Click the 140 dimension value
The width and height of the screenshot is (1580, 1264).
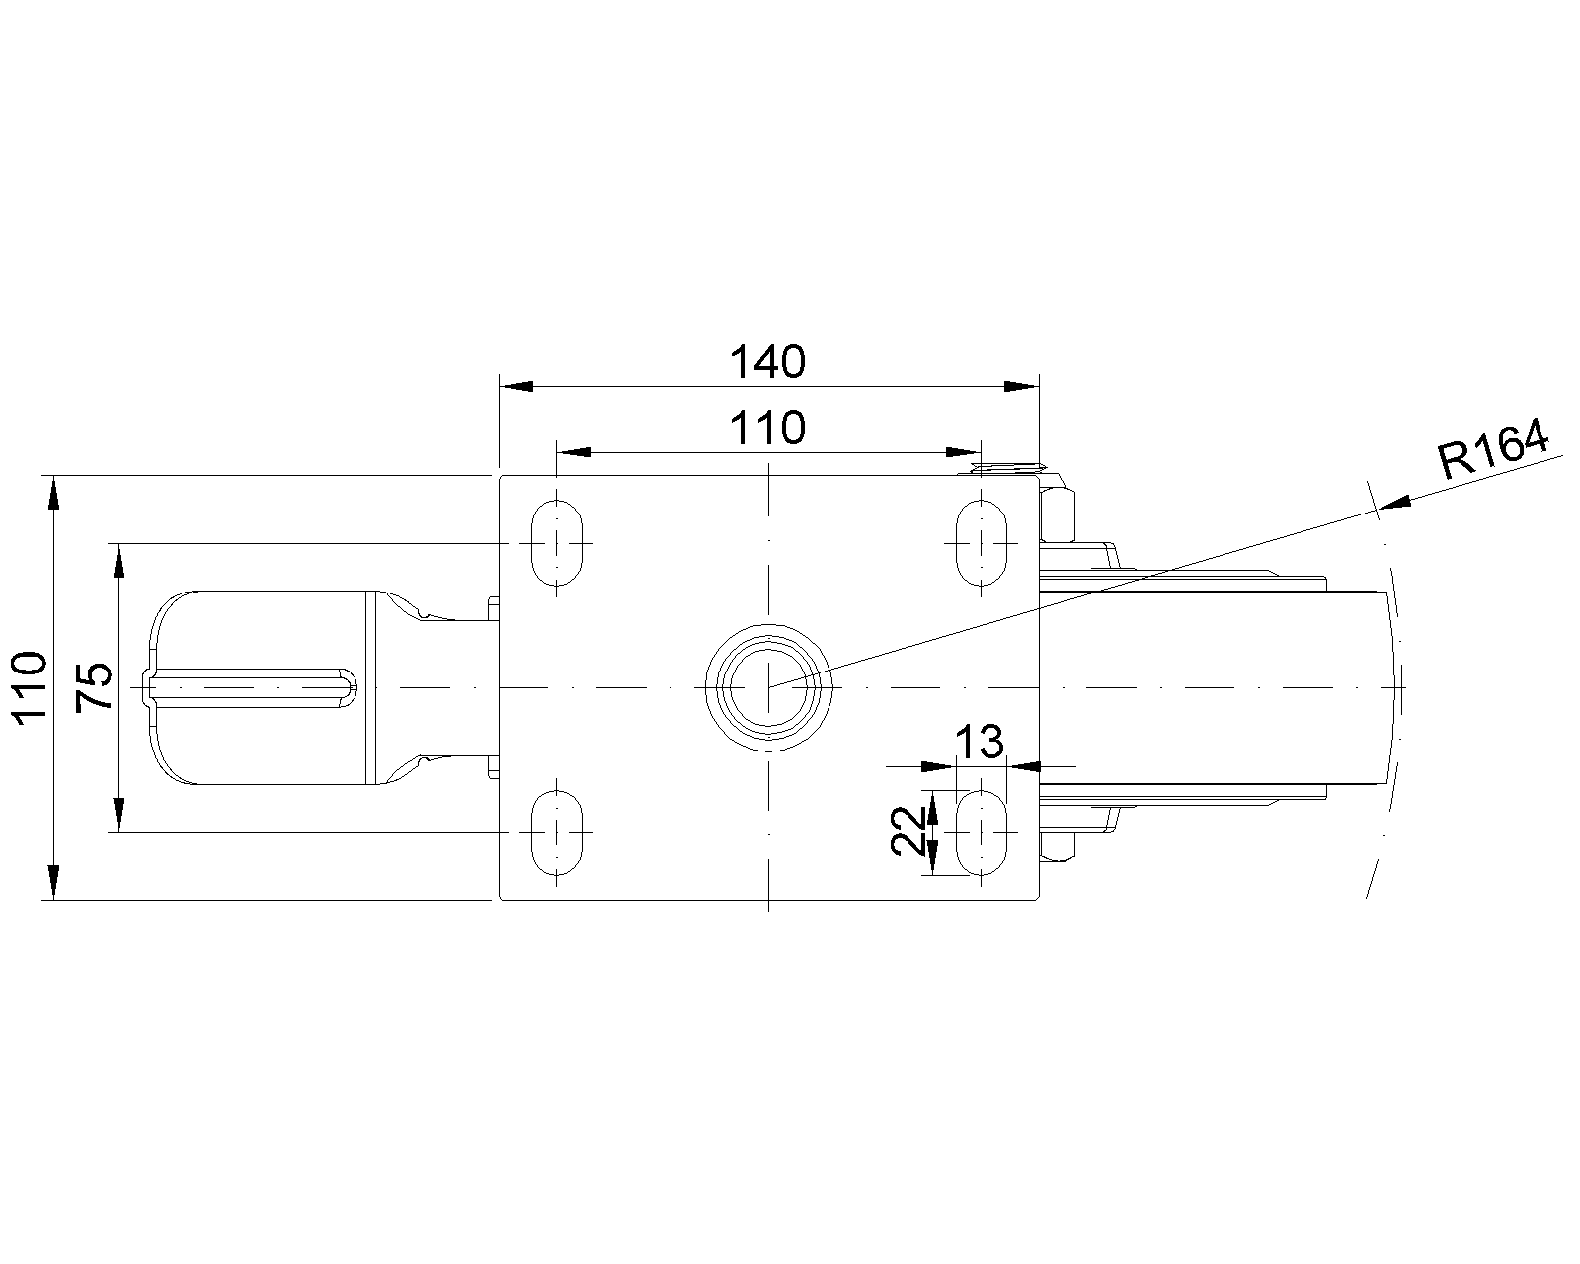click(x=767, y=362)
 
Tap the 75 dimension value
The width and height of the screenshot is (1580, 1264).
click(x=94, y=686)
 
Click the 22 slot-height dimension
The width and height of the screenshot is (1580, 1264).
click(x=908, y=830)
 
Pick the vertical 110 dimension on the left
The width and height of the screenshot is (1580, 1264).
click(x=31, y=687)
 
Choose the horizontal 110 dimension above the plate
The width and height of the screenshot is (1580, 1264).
click(x=767, y=429)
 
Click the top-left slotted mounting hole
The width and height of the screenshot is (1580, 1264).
click(x=557, y=543)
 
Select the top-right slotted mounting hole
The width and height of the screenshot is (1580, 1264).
click(x=981, y=543)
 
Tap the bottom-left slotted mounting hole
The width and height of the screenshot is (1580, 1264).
click(x=557, y=832)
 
